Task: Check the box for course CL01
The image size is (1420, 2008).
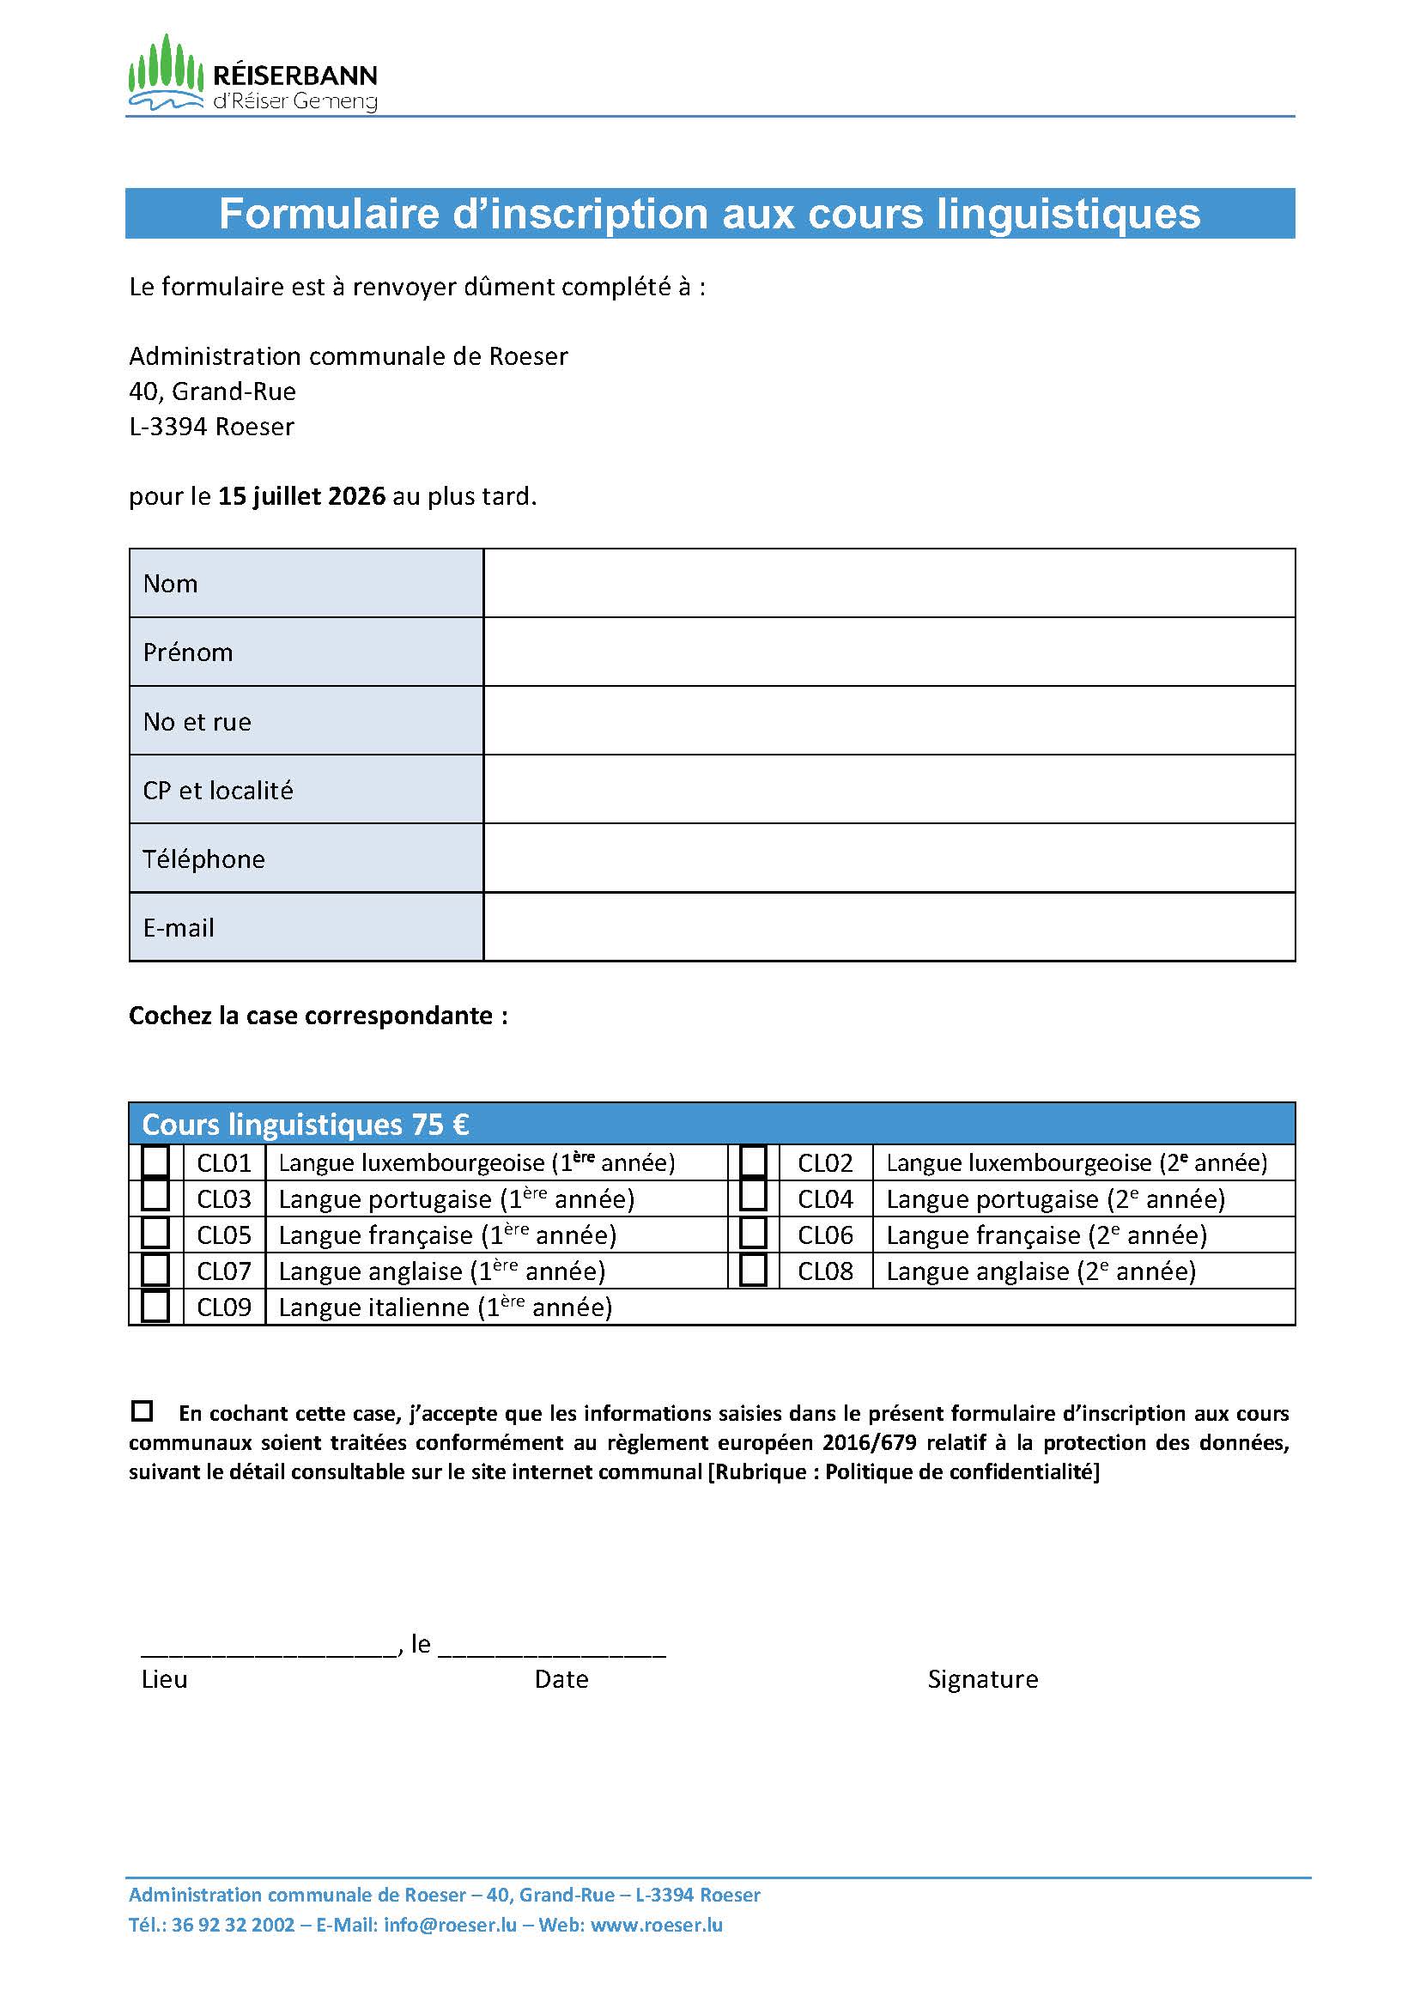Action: pos(155,1162)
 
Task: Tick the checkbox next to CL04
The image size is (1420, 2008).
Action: pos(753,1198)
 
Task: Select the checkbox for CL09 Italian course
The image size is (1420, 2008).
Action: pos(155,1306)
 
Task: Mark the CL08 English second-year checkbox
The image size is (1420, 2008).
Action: pos(753,1270)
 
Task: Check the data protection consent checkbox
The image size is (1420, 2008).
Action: pos(142,1410)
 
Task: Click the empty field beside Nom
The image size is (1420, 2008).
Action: pos(889,582)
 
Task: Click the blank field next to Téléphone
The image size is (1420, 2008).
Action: pos(889,858)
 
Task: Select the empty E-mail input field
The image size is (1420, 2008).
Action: pos(889,927)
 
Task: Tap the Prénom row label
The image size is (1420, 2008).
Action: pos(188,652)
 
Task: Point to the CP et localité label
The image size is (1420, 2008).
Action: pos(218,791)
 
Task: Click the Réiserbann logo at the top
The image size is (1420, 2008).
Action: pos(252,76)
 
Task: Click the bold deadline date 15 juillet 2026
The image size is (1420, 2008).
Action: pos(301,496)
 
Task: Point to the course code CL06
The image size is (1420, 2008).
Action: pos(824,1235)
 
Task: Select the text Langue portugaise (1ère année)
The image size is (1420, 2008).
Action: pos(457,1198)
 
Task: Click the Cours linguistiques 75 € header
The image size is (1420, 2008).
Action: pos(305,1124)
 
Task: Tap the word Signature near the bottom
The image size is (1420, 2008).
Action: pos(983,1679)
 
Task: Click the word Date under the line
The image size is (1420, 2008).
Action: pos(561,1679)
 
